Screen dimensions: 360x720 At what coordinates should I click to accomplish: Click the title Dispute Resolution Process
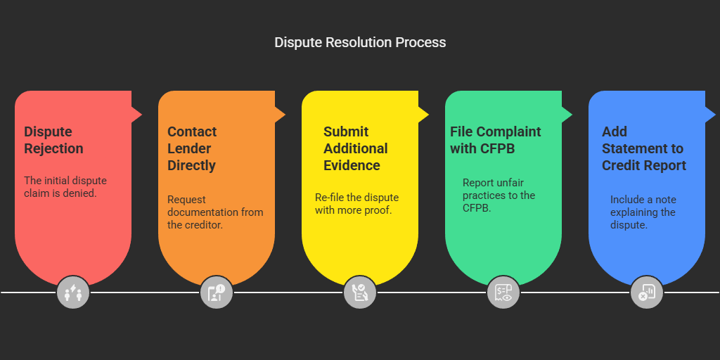(360, 42)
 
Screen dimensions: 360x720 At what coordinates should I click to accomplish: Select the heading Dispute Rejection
(53, 140)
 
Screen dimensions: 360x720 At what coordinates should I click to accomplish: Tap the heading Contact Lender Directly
(192, 148)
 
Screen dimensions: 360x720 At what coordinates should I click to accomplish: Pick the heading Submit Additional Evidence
(355, 148)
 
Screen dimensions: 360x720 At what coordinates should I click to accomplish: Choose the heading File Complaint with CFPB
(496, 140)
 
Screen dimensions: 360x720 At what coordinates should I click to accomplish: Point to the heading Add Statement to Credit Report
(644, 148)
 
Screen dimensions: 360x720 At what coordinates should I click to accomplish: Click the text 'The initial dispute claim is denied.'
(65, 186)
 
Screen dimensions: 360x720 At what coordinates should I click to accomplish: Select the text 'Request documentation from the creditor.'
(215, 212)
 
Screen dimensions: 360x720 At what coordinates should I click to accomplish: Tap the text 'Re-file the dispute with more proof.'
(356, 203)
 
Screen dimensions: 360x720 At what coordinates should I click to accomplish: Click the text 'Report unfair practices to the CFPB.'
(499, 195)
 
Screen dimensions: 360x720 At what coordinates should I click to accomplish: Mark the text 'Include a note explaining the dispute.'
(643, 212)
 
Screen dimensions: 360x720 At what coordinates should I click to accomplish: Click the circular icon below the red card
(73, 292)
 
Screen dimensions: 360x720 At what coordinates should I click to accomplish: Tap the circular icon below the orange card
(217, 292)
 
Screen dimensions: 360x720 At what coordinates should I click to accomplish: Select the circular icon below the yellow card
(360, 292)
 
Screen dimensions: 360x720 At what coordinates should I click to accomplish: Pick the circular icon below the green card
(503, 292)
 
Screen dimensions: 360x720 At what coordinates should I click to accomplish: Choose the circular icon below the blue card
(647, 292)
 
